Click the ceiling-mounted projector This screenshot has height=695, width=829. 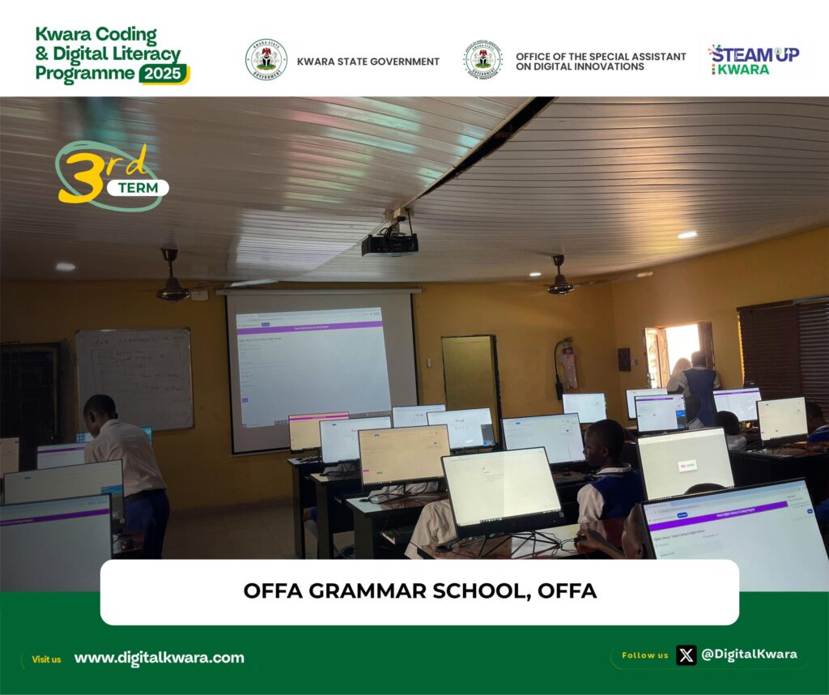point(389,243)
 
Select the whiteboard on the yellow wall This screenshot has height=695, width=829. point(134,378)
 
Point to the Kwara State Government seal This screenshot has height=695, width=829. point(266,61)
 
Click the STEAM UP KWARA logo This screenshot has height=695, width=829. point(754,60)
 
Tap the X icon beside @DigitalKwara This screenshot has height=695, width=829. point(686,654)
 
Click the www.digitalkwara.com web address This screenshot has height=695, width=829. point(159,658)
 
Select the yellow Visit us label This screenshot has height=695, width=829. point(46,659)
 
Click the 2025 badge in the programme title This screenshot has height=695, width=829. point(164,75)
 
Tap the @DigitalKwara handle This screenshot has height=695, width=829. point(749,654)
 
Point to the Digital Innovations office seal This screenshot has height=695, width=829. point(483,61)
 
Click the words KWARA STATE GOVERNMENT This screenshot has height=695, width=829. point(368,62)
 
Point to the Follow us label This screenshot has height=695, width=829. point(644,655)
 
